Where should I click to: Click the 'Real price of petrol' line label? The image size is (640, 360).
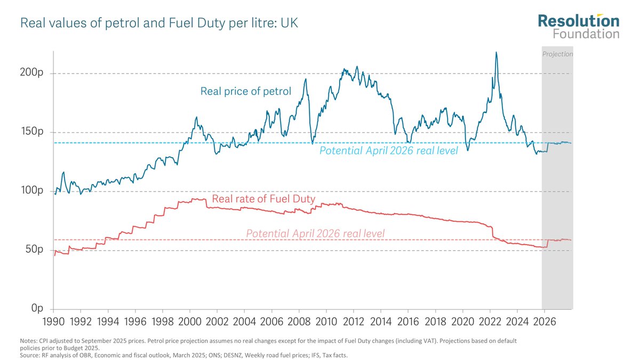tap(245, 91)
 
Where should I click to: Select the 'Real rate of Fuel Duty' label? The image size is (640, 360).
tap(263, 199)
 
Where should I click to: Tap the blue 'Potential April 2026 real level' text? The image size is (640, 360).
tap(388, 151)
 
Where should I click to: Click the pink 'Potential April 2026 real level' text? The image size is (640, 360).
tap(315, 234)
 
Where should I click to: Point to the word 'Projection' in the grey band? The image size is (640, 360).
tap(557, 54)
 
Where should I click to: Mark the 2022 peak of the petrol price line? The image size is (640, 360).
tap(497, 52)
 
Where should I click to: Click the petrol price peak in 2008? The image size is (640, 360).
tap(306, 79)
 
